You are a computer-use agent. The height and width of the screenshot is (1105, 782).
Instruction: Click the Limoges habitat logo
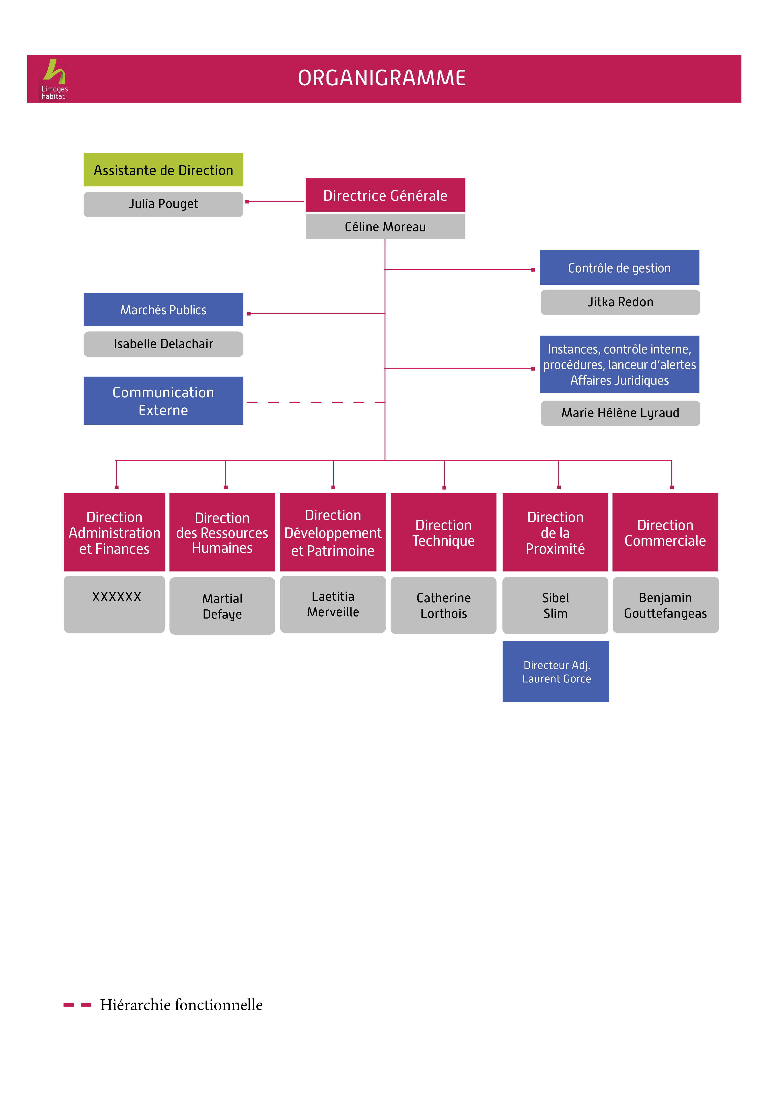coord(54,80)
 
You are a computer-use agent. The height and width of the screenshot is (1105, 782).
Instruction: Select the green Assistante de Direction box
coord(163,170)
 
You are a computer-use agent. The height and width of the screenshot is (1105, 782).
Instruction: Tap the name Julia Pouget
coord(163,204)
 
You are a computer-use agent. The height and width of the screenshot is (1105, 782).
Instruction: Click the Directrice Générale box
coord(385,195)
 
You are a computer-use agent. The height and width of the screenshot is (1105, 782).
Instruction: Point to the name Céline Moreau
coord(385,227)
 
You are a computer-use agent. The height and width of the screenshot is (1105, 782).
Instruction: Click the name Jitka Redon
coord(620,302)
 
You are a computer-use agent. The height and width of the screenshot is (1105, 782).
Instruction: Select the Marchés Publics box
coord(163,309)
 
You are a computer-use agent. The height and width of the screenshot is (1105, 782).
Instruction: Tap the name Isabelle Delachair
coord(163,344)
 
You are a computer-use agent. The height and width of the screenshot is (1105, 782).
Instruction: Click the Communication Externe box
coord(163,401)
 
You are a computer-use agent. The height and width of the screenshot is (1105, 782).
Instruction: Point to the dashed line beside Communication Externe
coord(315,402)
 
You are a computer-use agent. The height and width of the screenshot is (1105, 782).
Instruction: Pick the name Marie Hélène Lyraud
coord(620,413)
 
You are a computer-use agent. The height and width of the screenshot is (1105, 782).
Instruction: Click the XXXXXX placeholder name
coord(117,597)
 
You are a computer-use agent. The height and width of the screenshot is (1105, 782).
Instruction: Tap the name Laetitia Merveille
coord(333,605)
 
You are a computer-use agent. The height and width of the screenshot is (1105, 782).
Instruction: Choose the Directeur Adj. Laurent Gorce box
coord(556,672)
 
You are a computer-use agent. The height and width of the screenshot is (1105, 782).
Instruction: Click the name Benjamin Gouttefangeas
coord(665,605)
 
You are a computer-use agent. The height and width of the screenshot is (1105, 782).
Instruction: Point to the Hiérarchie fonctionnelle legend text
coord(181,1005)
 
